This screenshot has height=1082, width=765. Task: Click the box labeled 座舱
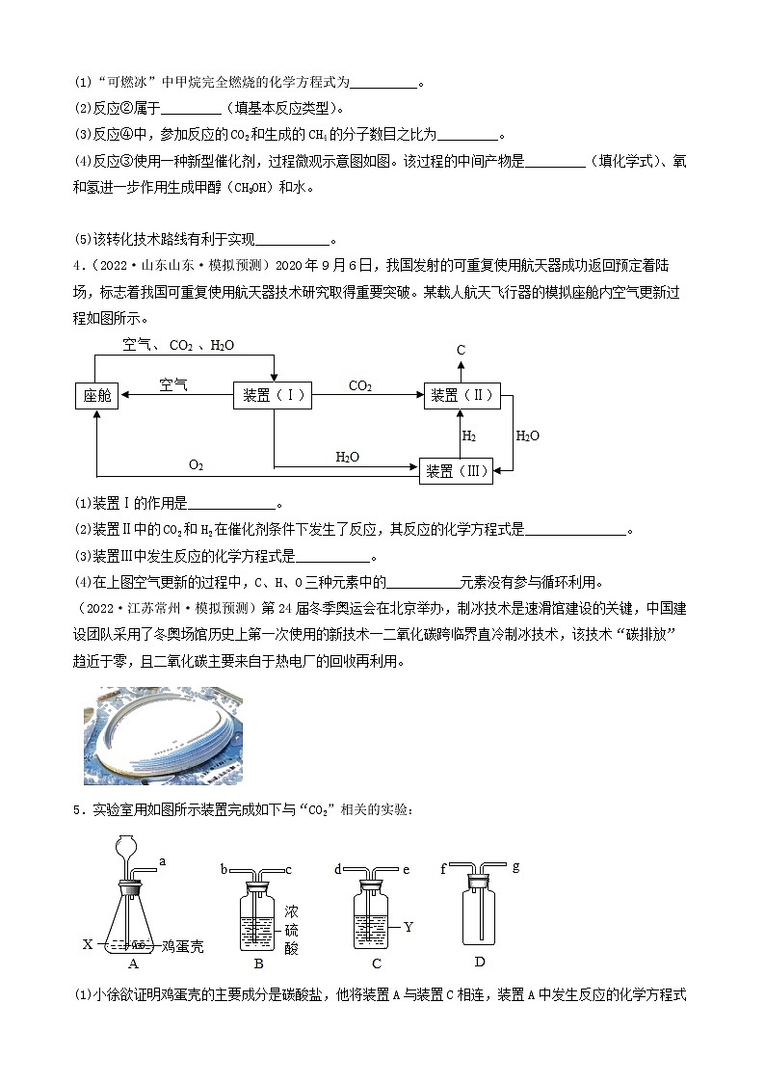pyautogui.click(x=96, y=396)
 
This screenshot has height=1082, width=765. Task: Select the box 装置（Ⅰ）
pyautogui.click(x=274, y=395)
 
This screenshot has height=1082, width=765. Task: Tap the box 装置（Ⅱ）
pyautogui.click(x=463, y=395)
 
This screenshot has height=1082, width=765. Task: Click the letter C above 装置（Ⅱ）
pyautogui.click(x=462, y=350)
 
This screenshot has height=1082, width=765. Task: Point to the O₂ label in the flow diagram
pyautogui.click(x=197, y=465)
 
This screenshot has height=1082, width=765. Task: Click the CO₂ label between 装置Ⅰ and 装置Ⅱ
pyautogui.click(x=360, y=385)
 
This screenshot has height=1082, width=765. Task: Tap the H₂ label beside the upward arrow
pyautogui.click(x=469, y=435)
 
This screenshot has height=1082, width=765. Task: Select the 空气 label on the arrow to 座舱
pyautogui.click(x=173, y=384)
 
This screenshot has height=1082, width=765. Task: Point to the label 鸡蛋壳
pyautogui.click(x=183, y=947)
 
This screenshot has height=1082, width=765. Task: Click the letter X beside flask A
pyautogui.click(x=87, y=944)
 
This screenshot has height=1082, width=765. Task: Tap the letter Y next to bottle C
pyautogui.click(x=408, y=927)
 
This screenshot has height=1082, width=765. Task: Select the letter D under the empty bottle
pyautogui.click(x=480, y=963)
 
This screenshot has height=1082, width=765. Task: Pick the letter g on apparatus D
pyautogui.click(x=516, y=866)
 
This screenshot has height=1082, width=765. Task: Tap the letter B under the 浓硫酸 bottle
pyautogui.click(x=258, y=963)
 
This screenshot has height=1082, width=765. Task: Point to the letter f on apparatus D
pyautogui.click(x=442, y=868)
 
